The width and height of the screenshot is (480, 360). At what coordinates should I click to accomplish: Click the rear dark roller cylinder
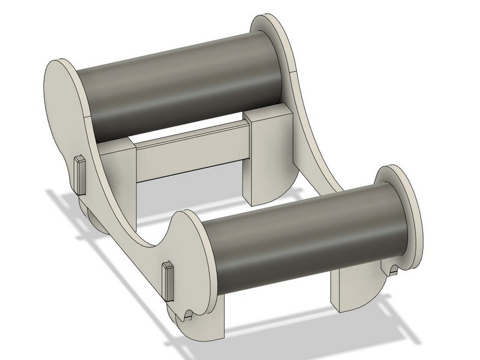[x=180, y=84]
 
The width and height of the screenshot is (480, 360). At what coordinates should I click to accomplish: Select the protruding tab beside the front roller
[x=167, y=281]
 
